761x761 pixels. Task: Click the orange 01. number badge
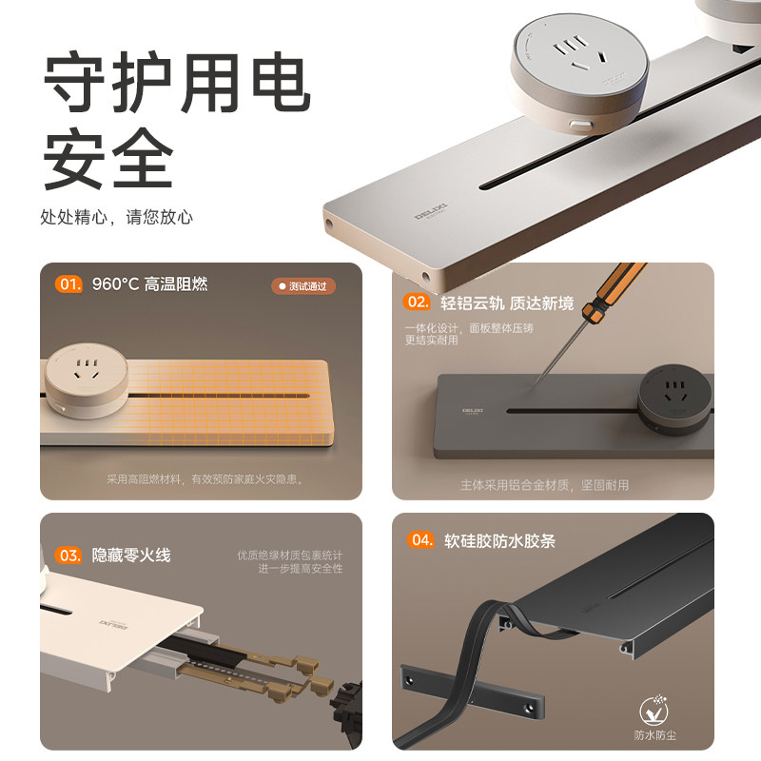tap(68, 283)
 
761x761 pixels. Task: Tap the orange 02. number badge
tap(418, 302)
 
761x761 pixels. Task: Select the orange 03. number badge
tap(68, 555)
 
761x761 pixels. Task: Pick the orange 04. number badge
tap(420, 540)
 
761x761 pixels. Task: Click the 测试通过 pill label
tap(304, 286)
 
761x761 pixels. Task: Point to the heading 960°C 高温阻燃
tap(149, 283)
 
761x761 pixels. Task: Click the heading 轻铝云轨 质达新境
tap(507, 302)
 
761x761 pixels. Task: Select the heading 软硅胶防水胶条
tap(499, 540)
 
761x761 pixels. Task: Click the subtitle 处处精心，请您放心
tap(116, 217)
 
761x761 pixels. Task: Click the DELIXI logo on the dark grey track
tap(473, 410)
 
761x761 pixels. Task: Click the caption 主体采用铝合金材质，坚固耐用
tap(544, 485)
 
